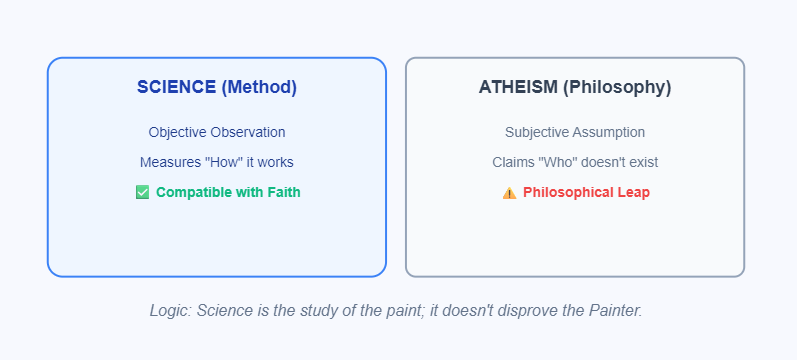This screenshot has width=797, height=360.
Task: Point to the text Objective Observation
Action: pyautogui.click(x=217, y=132)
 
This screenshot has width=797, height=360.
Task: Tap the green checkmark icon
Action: pyautogui.click(x=142, y=192)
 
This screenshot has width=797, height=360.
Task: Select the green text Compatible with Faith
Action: pyautogui.click(x=228, y=192)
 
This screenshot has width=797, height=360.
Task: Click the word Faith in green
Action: pyautogui.click(x=282, y=192)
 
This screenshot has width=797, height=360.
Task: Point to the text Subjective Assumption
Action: pyautogui.click(x=575, y=132)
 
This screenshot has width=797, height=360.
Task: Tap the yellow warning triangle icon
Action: pyautogui.click(x=509, y=193)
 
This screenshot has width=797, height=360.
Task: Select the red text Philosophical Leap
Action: pyautogui.click(x=586, y=192)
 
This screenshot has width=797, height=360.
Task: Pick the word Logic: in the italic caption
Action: pyautogui.click(x=171, y=310)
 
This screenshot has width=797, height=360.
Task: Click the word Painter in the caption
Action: pyautogui.click(x=613, y=310)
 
